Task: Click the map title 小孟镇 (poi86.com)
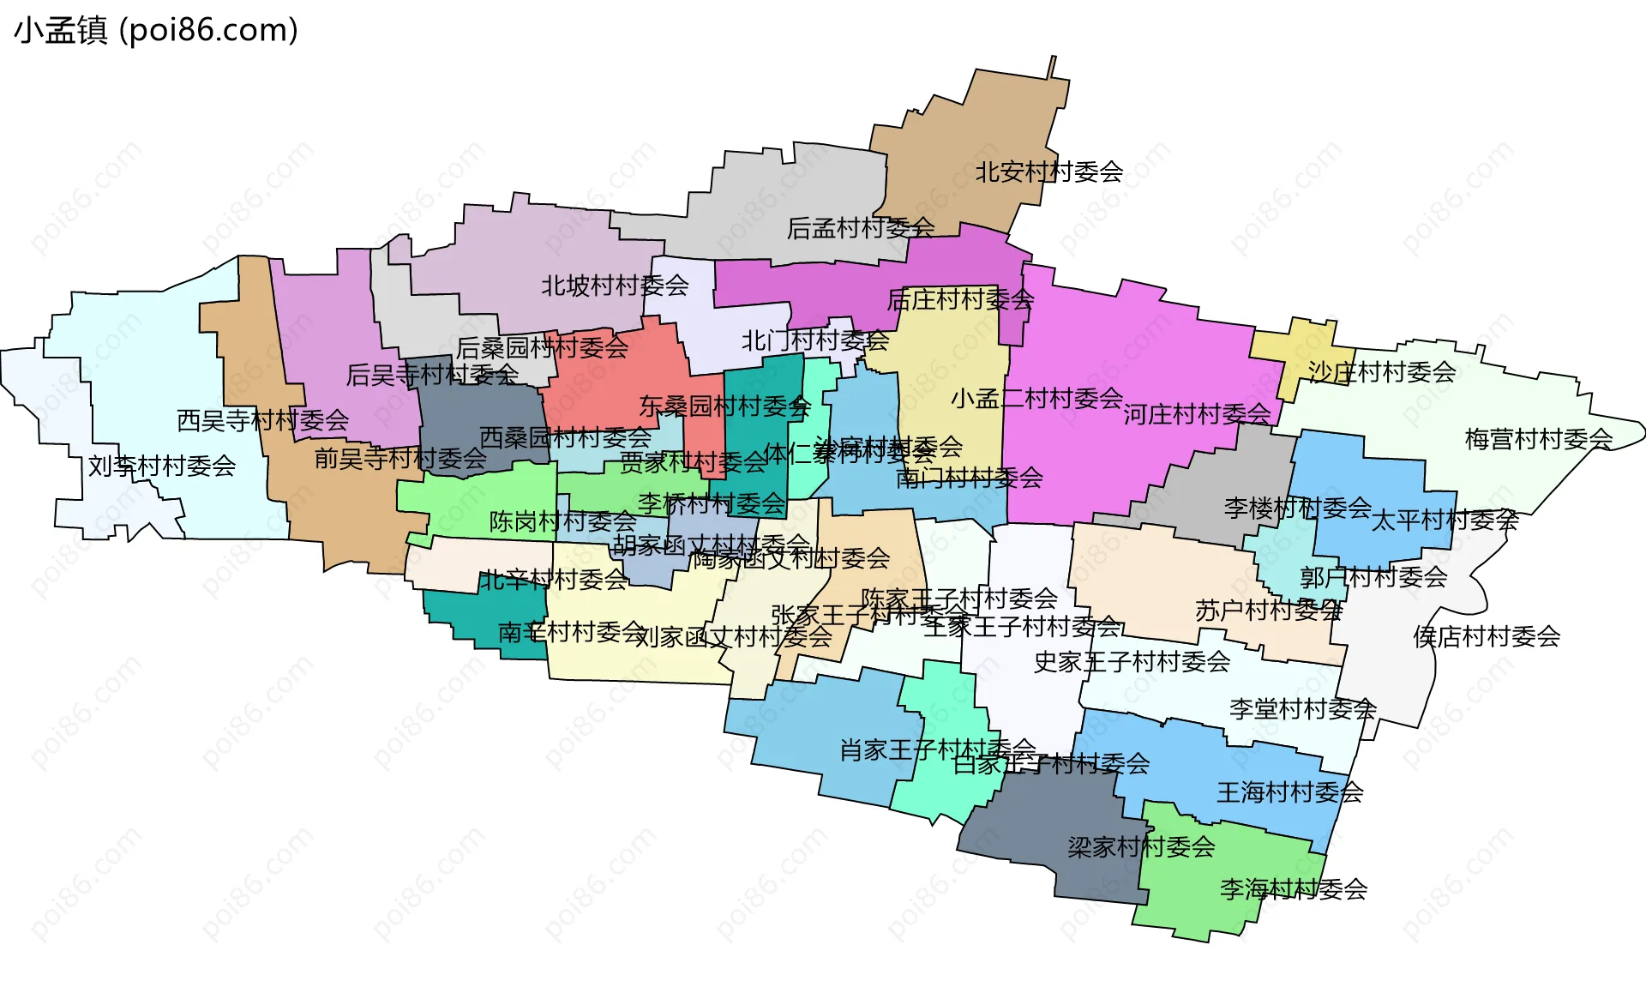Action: (156, 30)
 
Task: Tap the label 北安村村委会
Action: (1048, 172)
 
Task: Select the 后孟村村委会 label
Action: (861, 228)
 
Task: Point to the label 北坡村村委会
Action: (615, 286)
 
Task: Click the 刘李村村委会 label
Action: (162, 466)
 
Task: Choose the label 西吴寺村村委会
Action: (262, 420)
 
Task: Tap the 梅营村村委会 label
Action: (1539, 439)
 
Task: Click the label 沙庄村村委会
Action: (1382, 372)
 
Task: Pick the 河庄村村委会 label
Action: (1197, 414)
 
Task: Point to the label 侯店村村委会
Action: (1487, 636)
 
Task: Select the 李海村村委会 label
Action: (1294, 889)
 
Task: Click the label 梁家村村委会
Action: (1141, 847)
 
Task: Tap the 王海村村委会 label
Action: (1290, 792)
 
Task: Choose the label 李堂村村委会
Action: (1303, 709)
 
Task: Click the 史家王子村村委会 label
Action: (1132, 662)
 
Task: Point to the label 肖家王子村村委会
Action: (937, 750)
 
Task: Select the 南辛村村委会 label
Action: (571, 633)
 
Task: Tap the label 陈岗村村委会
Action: (562, 521)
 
